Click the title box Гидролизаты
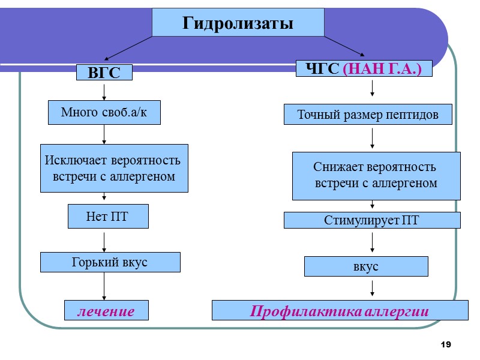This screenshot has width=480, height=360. (x=238, y=23)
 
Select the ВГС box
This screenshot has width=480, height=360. (x=104, y=73)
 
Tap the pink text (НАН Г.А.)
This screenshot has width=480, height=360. (x=382, y=69)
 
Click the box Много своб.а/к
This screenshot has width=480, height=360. (x=104, y=112)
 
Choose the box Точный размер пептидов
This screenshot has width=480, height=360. (x=368, y=114)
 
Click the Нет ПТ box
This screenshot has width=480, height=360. (x=107, y=217)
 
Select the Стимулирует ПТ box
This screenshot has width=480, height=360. (x=371, y=220)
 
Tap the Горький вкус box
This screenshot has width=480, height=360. (x=110, y=262)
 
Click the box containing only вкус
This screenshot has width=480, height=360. (x=366, y=266)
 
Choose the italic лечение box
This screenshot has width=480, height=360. (x=106, y=310)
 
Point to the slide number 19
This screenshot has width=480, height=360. (x=445, y=344)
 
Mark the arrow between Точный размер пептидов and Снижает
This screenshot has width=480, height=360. (x=373, y=138)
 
